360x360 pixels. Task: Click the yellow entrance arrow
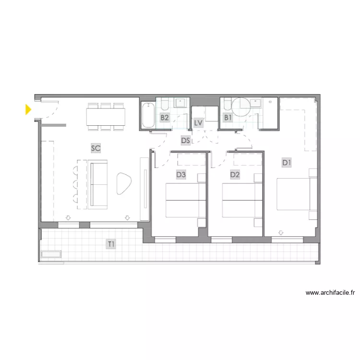[28, 109]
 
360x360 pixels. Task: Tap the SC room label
[96, 148]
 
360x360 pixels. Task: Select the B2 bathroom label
[165, 118]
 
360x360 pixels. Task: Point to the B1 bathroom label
[228, 118]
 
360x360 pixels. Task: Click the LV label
[198, 123]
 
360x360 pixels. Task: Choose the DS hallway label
[185, 140]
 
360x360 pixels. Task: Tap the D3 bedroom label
[181, 175]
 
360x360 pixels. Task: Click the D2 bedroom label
[235, 175]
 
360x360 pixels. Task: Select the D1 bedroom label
[287, 163]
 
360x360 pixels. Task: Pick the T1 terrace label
[111, 244]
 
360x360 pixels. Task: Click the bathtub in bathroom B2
[148, 115]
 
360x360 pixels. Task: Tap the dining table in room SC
[106, 117]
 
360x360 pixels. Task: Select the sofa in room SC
[97, 184]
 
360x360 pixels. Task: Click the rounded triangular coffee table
[124, 183]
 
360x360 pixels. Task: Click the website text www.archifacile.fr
[330, 293]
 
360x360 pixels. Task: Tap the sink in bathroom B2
[180, 103]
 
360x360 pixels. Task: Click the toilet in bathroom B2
[165, 104]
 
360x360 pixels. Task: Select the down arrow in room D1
[281, 233]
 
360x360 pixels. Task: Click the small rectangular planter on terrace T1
[51, 254]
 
